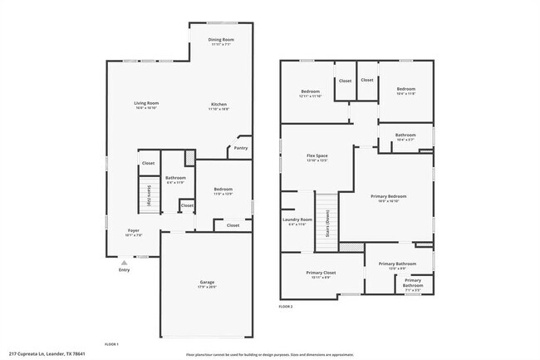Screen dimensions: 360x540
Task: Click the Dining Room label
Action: click(x=221, y=40)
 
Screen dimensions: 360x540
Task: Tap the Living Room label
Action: click(x=146, y=104)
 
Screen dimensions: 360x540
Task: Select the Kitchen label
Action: click(x=218, y=105)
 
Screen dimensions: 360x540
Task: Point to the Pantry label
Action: click(x=241, y=148)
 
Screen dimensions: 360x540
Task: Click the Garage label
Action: click(x=207, y=283)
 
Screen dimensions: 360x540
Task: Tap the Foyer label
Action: click(x=133, y=230)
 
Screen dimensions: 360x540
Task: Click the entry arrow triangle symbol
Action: click(x=125, y=262)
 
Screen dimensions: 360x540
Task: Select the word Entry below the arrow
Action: click(x=125, y=270)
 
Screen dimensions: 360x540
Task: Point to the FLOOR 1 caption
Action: click(x=111, y=343)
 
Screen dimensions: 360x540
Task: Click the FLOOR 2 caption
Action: click(x=286, y=307)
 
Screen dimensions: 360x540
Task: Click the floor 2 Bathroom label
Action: click(x=405, y=135)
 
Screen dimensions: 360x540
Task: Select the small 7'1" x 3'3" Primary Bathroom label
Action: click(x=413, y=283)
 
